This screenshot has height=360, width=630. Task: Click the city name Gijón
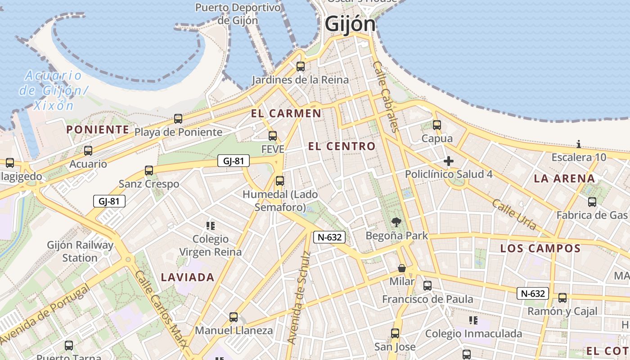coord(350,24)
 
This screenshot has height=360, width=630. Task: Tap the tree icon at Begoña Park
coord(396,222)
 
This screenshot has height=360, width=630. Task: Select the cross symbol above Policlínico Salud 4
coord(448,161)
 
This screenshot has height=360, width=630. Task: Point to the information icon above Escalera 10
coord(579,144)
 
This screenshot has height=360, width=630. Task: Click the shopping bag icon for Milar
coord(402,269)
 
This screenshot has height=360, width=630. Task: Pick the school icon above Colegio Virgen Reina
coord(210,225)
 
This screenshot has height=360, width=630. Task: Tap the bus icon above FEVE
coord(273,136)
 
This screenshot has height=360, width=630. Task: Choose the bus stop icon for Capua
coord(436,125)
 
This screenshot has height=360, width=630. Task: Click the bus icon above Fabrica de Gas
coord(592,202)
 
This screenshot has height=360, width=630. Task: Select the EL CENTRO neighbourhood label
coord(342,146)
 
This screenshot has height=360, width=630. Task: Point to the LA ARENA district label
coord(564,179)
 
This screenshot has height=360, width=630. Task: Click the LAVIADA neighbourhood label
coord(188,277)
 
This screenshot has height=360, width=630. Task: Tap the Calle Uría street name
coord(514,214)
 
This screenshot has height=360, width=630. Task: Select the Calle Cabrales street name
coord(386,96)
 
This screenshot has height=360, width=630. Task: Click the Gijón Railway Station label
coord(80,252)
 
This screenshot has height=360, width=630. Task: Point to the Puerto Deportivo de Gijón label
coord(238,14)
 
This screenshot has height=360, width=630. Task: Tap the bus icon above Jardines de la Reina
coord(301,67)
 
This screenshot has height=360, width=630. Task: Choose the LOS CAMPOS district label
coord(540,248)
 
